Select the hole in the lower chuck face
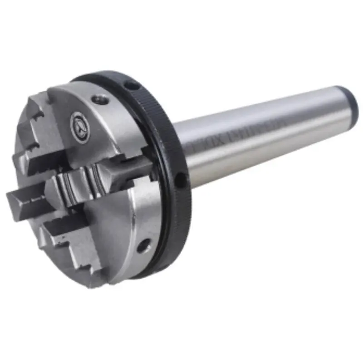(x=144, y=245)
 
